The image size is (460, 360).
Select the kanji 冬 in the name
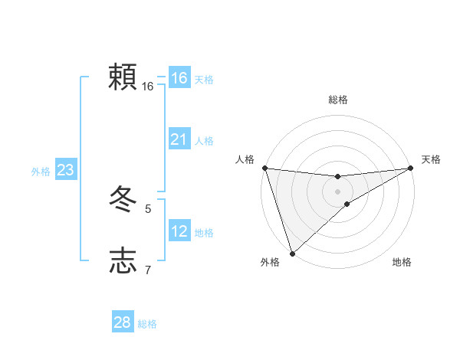(123, 201)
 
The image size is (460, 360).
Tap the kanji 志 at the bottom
(123, 261)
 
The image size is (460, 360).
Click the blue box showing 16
(179, 78)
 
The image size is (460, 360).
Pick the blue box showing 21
(179, 139)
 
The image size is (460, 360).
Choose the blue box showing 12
(179, 231)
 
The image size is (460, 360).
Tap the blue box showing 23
(65, 170)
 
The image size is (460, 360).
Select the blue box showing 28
(122, 322)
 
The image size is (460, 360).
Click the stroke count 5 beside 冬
(148, 208)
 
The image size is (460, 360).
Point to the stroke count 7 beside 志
(148, 270)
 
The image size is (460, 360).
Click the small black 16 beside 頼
(148, 87)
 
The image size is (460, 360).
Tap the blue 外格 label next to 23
(41, 172)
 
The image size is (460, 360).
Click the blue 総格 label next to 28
(147, 324)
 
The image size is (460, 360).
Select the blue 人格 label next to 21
(204, 141)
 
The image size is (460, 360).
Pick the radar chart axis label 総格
(337, 100)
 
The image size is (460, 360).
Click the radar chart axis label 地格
(402, 262)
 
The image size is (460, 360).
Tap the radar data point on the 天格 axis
(410, 168)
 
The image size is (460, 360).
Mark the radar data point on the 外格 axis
(292, 254)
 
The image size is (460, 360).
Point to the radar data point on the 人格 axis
(264, 168)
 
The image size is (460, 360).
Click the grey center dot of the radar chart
(337, 191)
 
